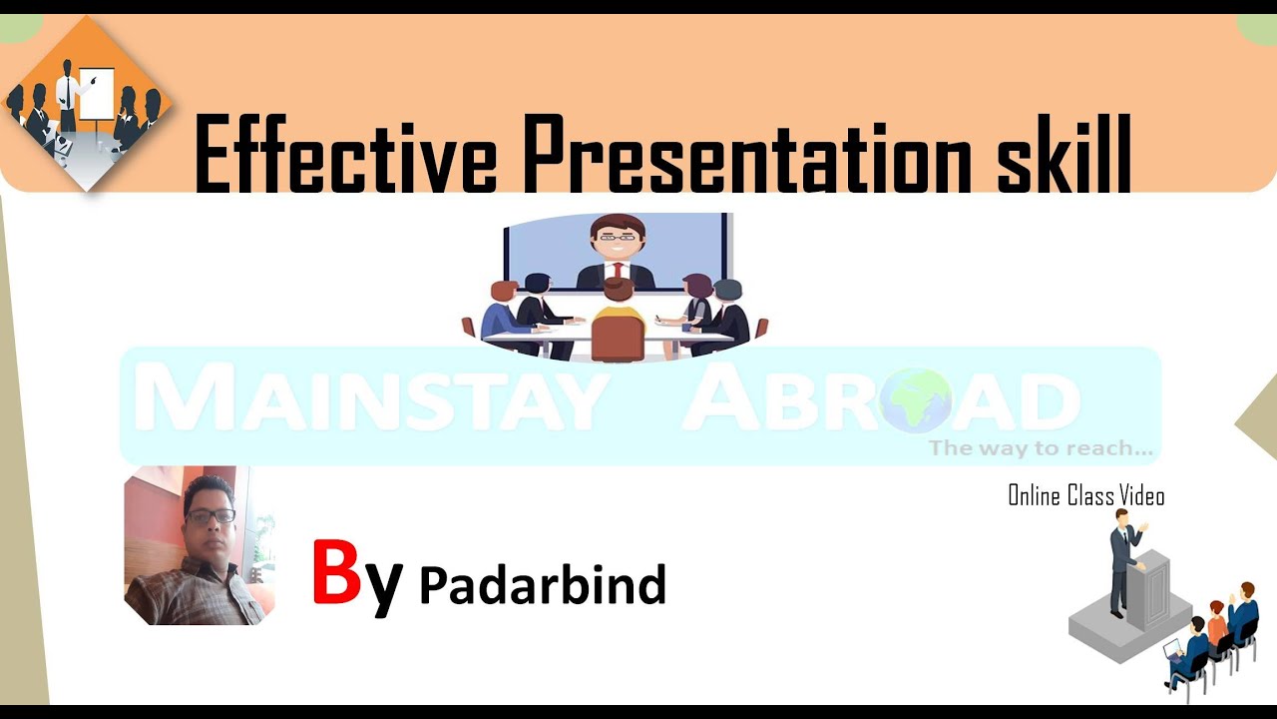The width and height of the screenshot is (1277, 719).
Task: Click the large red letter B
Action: [x=335, y=572]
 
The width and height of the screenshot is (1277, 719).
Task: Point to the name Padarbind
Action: [x=542, y=584]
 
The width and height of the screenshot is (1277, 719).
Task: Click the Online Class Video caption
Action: [x=1085, y=495]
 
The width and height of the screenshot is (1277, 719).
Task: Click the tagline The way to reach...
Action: [x=1040, y=448]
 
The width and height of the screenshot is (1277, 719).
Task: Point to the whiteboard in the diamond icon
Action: [x=97, y=92]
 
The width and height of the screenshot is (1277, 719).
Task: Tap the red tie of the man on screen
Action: [x=619, y=271]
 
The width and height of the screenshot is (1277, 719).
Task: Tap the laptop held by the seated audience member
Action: [x=1173, y=650]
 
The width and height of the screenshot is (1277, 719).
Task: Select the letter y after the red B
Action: [x=383, y=584]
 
